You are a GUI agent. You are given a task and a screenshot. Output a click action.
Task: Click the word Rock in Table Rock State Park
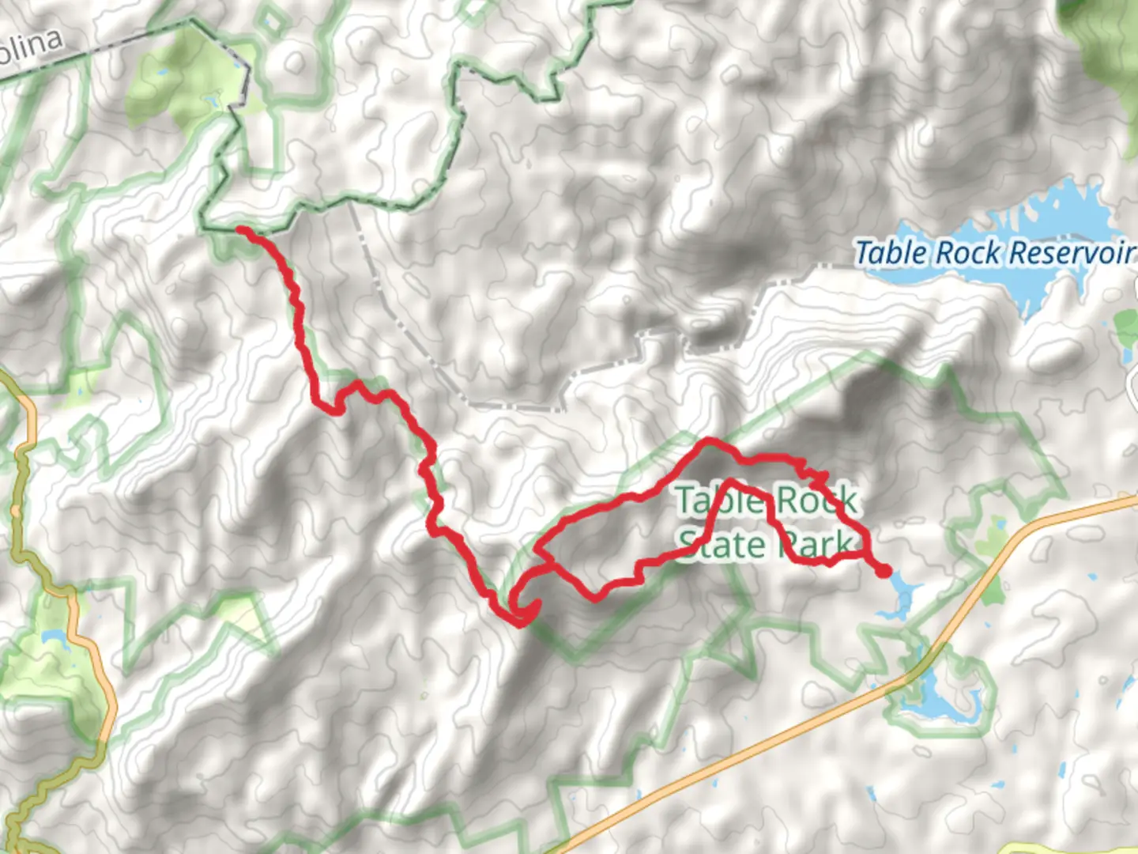pyautogui.click(x=816, y=500)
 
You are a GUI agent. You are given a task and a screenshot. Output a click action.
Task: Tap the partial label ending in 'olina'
pyautogui.click(x=32, y=46)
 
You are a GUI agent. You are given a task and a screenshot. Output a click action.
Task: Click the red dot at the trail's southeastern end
pyautogui.click(x=884, y=570)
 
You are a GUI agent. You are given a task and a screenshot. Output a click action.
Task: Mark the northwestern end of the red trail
pyautogui.click(x=241, y=230)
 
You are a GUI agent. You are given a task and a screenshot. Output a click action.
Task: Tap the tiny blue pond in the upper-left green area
pyautogui.click(x=210, y=100)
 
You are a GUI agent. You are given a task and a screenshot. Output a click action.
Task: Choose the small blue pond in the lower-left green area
pyautogui.click(x=53, y=637)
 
